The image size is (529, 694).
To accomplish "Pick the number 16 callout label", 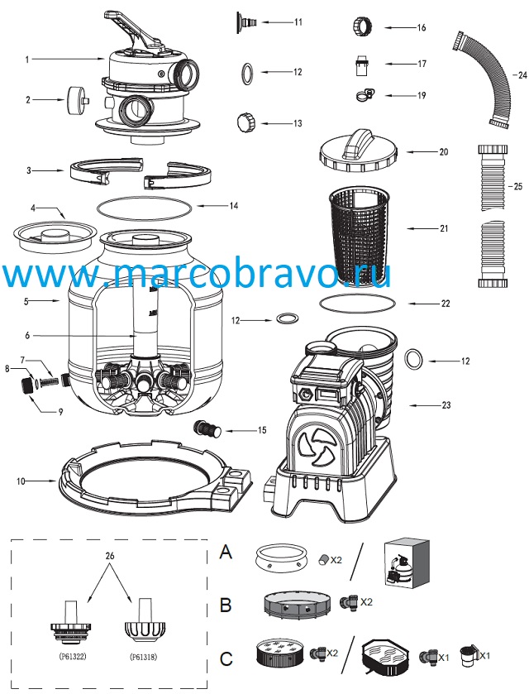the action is [422, 27].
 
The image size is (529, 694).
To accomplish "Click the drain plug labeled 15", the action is [207, 428].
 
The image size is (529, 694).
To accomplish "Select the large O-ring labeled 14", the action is [144, 208].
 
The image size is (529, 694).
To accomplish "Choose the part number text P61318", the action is [143, 657].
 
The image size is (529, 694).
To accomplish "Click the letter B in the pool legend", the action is [226, 605].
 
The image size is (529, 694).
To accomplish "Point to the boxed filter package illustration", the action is [407, 563].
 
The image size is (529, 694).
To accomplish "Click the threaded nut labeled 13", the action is [247, 122].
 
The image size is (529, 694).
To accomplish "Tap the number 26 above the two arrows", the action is [110, 556].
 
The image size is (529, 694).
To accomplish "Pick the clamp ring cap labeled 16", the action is [364, 26].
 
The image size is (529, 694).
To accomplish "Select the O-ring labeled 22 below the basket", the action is [357, 304].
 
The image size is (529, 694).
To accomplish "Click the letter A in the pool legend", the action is [226, 552].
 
